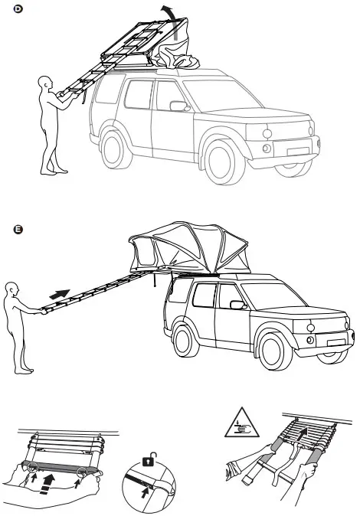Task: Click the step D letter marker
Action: pyautogui.click(x=8, y=8)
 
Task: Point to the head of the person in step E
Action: pyautogui.click(x=11, y=290)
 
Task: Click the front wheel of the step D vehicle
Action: pyautogui.click(x=220, y=162)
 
